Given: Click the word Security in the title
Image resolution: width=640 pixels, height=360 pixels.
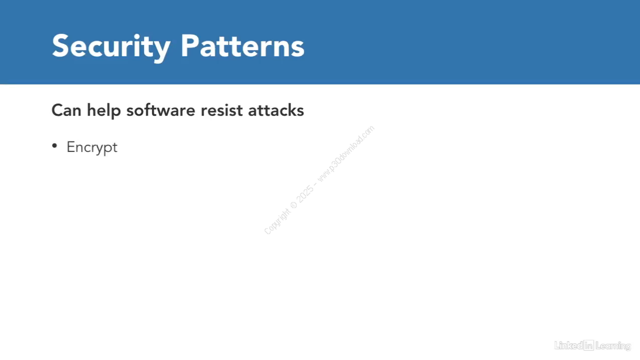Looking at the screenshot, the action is coord(111,47).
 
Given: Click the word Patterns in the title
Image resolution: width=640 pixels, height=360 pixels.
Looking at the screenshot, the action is coord(242,45).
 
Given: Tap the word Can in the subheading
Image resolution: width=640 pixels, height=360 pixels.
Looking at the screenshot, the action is coord(66,110).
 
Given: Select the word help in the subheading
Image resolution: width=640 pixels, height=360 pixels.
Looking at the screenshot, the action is coord(103,111).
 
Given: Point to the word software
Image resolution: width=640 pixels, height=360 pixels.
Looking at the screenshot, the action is coord(161,110).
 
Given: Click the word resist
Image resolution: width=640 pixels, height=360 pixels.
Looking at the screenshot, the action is coord(221,110).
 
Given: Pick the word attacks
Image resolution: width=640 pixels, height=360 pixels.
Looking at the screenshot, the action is coord(276,110).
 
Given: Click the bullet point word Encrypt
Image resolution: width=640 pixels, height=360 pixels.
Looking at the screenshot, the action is coord(92,147).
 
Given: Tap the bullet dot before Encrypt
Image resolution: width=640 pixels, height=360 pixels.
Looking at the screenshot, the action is coord(54,146).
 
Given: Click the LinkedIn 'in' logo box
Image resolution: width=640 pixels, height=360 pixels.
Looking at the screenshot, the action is coord(589,345).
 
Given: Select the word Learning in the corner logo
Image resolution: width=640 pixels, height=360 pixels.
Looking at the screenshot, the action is coord(613,346).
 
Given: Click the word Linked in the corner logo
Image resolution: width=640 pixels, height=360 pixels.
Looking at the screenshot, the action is coord(568,345).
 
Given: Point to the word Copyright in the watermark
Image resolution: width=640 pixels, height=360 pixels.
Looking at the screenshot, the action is coord(277,221).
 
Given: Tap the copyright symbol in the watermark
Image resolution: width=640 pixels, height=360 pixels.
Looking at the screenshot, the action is coord(293,205).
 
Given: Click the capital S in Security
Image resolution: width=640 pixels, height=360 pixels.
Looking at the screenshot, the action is coord(61,45).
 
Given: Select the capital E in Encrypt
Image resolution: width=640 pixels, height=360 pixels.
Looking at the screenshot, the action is coord(71,147).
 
